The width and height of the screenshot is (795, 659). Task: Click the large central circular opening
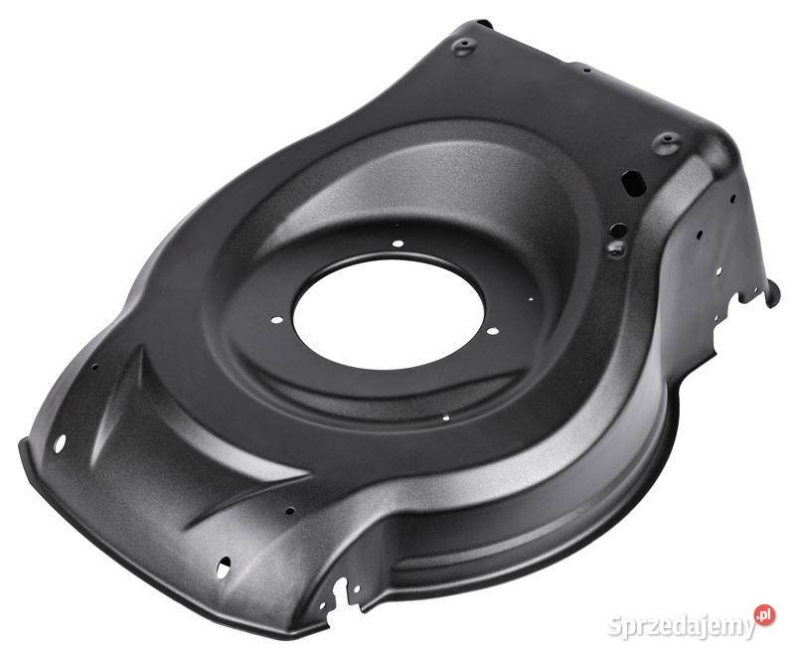pos(389,314)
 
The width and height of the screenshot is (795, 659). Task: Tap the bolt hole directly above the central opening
pos(398,244)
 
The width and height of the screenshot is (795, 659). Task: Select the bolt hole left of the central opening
pos(277,320)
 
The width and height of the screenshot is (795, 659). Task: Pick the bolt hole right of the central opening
pos(492,332)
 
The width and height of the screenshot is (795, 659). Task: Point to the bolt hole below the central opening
pos(445,418)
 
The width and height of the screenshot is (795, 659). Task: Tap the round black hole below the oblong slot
pos(618,231)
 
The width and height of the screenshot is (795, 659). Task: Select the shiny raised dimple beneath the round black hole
pos(616,248)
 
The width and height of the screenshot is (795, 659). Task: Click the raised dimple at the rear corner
pos(666,142)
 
